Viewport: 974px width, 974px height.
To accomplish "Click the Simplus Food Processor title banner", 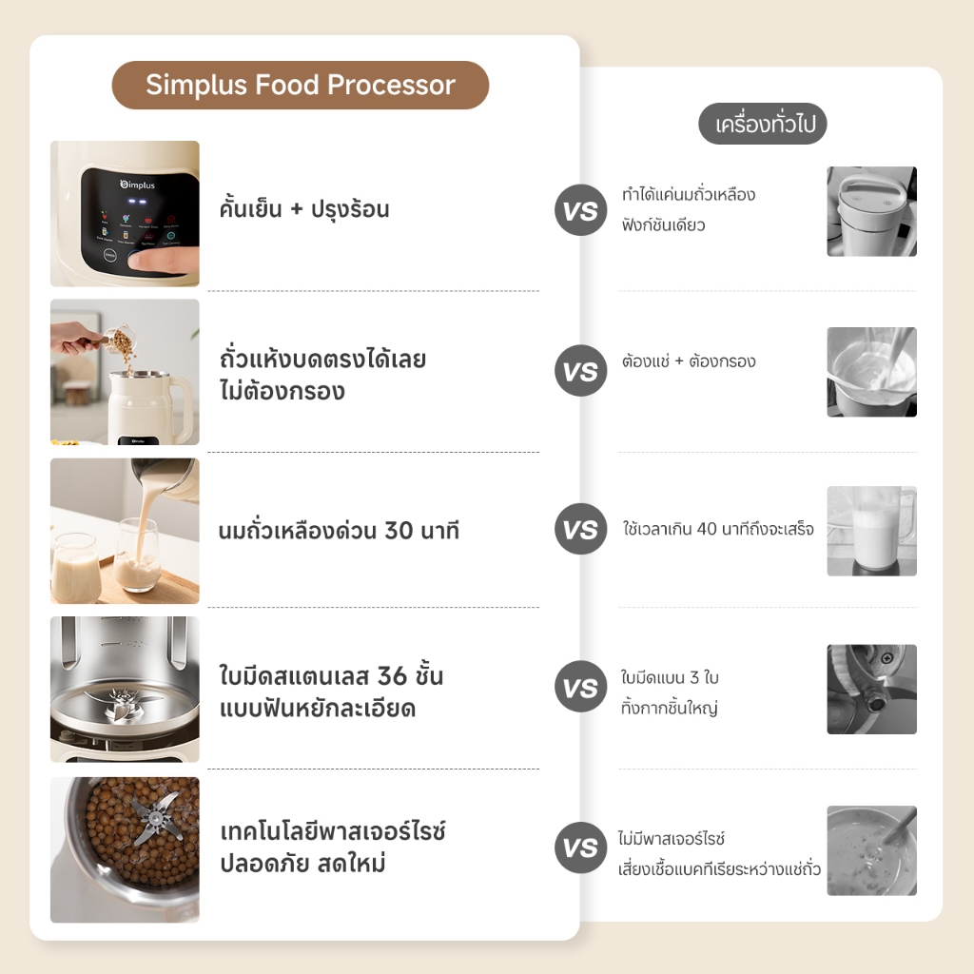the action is coord(300,85).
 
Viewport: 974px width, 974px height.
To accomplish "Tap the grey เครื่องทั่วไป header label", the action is coord(763,124).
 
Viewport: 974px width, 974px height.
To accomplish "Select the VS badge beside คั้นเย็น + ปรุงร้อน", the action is coord(580,210).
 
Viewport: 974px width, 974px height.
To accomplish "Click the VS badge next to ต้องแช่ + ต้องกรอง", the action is coord(580,371).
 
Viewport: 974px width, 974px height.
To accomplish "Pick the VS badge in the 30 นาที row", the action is coord(580,529).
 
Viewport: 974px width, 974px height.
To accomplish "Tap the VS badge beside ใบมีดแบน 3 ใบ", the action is coord(580,687).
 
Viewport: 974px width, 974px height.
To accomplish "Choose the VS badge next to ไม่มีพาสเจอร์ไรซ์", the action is coord(580,847).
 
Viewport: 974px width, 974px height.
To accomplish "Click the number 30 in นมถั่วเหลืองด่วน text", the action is coord(399,531).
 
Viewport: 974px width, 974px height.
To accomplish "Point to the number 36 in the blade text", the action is coord(392,676).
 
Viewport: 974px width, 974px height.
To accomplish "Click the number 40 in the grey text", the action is coord(707,529).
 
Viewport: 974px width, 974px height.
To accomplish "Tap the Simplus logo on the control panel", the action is coord(137,185).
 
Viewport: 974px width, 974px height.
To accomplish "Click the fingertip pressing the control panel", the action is coord(143,261).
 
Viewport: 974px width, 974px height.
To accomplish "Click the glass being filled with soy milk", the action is coord(137,555).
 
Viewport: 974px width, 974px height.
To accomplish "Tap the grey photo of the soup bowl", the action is coord(871,850).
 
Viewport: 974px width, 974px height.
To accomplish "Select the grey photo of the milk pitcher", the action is coord(871,531).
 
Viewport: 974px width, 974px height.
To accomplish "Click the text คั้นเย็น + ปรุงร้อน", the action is coord(304,209).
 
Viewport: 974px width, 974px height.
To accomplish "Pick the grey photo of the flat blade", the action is coord(871,690).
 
